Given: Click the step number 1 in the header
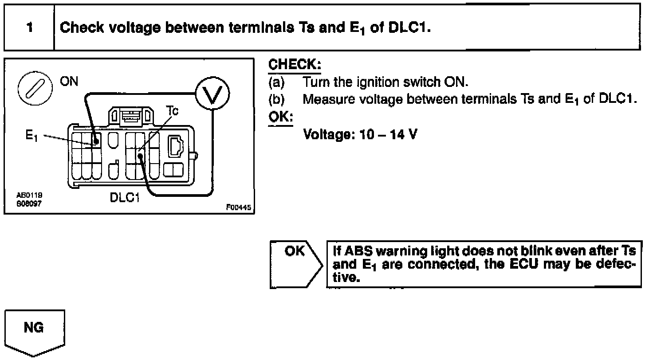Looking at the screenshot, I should pyautogui.click(x=29, y=27).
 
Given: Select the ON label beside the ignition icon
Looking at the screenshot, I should pyautogui.click(x=69, y=82).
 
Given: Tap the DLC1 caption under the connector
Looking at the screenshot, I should pyautogui.click(x=125, y=197).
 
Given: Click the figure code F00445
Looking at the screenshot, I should pyautogui.click(x=239, y=207).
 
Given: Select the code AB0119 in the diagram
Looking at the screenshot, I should pyautogui.click(x=26, y=195).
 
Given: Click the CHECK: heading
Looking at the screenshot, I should pyautogui.click(x=295, y=65).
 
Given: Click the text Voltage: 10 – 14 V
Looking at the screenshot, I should pyautogui.click(x=360, y=134).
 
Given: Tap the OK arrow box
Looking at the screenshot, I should pyautogui.click(x=295, y=264).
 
